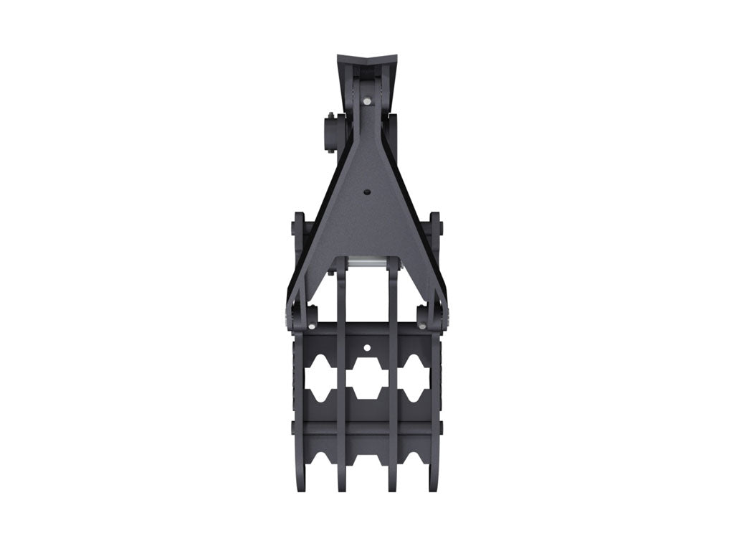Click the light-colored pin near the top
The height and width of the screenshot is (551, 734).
pyautogui.click(x=367, y=101)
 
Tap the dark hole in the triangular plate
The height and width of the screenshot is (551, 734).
pyautogui.click(x=367, y=192)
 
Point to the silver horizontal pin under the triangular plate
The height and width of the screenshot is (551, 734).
pyautogui.click(x=367, y=265)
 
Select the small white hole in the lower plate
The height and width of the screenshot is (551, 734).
pyautogui.click(x=366, y=348)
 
